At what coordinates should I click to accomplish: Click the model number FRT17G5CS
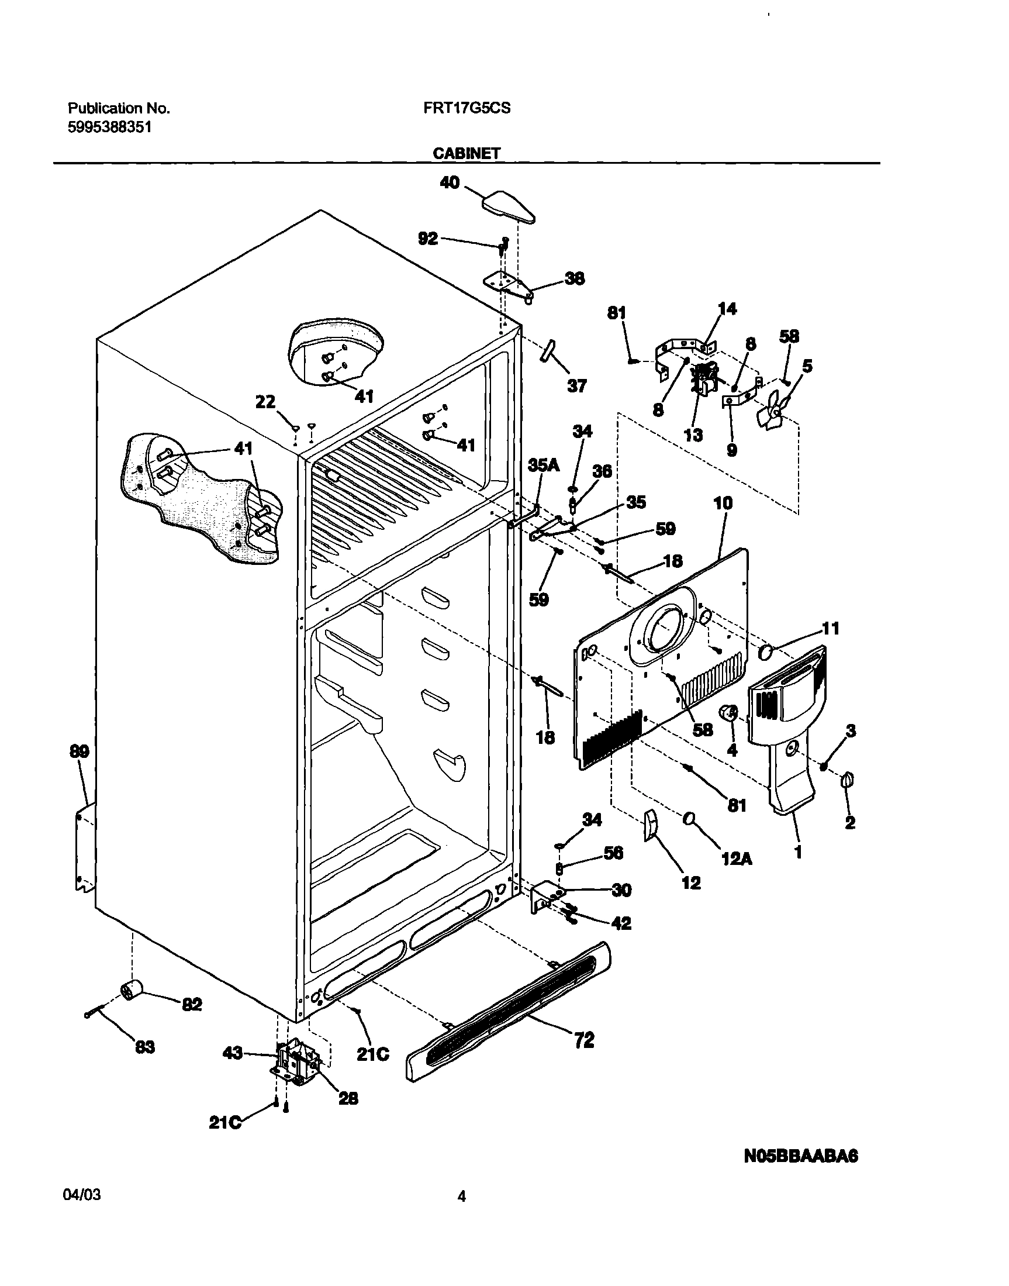pos(467,108)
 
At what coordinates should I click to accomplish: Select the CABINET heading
pos(466,154)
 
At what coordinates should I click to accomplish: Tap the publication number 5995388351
pos(109,126)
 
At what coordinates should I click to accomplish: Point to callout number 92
pos(428,238)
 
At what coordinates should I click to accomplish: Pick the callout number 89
pos(79,751)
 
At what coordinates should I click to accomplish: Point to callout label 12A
pos(737,859)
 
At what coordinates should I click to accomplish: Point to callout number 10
pos(723,503)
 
